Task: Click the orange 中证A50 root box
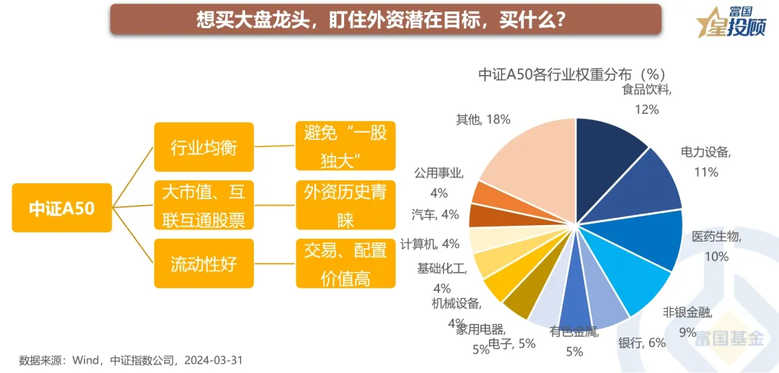[62, 208]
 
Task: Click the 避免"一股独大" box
[346, 146]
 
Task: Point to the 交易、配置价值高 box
[346, 263]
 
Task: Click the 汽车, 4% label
[435, 214]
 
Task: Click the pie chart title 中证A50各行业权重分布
[571, 74]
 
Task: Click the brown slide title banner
[385, 19]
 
